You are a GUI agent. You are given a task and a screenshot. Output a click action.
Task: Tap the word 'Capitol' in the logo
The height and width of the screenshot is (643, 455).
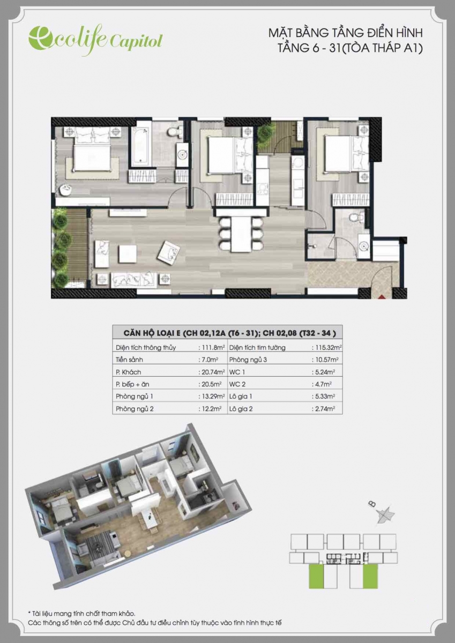click(136, 42)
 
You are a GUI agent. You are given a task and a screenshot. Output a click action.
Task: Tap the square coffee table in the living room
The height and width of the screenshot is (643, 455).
click(128, 253)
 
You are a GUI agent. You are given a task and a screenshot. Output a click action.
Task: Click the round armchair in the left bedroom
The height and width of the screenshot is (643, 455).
click(66, 190)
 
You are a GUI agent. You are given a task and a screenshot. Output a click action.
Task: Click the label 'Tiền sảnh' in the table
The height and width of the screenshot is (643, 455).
click(129, 360)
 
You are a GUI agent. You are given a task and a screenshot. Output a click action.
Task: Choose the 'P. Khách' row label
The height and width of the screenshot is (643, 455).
click(128, 372)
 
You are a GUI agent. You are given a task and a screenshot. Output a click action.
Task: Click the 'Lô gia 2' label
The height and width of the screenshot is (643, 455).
click(241, 409)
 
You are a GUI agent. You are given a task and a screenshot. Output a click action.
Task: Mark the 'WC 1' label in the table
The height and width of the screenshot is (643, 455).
click(237, 372)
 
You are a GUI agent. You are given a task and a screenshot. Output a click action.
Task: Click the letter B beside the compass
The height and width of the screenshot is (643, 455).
click(372, 504)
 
